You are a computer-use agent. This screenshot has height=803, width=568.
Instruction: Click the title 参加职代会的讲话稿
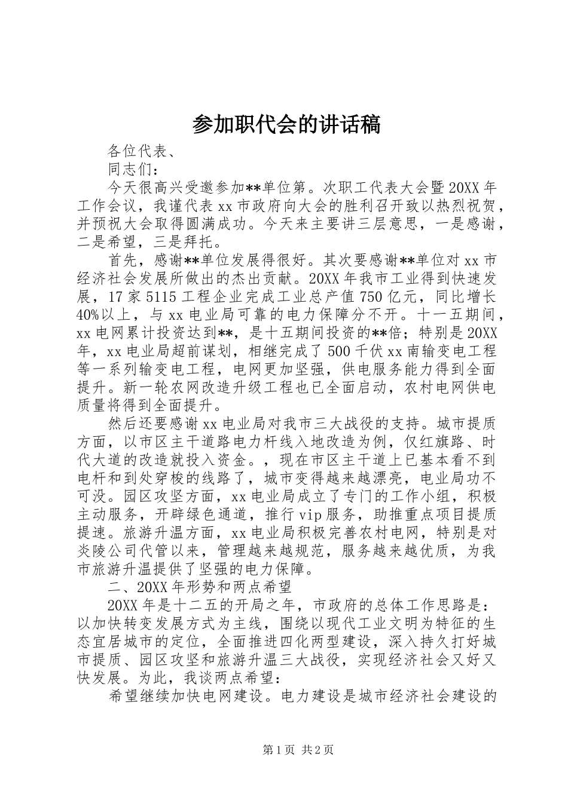pos(286,124)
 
